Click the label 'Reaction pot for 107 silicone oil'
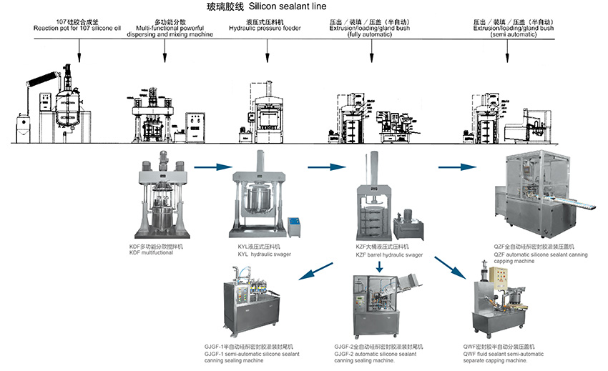click(x=79, y=28)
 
